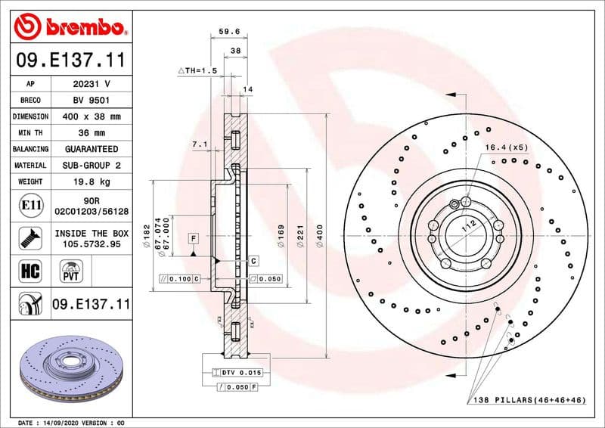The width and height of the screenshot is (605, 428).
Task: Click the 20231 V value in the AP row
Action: (92, 84)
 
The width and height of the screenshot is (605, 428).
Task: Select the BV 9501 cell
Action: (92, 100)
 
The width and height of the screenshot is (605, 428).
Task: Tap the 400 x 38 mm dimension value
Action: (92, 116)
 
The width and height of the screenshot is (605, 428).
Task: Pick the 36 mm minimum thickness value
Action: (92, 132)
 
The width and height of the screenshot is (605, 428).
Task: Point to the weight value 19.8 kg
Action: (92, 181)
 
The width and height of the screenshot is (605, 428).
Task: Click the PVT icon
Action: (72, 271)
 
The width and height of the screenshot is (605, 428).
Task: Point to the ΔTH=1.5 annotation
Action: (197, 70)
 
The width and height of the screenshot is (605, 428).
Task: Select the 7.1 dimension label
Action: (200, 143)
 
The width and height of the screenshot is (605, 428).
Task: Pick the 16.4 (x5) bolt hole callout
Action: (506, 147)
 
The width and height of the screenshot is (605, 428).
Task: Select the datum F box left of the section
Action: (194, 239)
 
